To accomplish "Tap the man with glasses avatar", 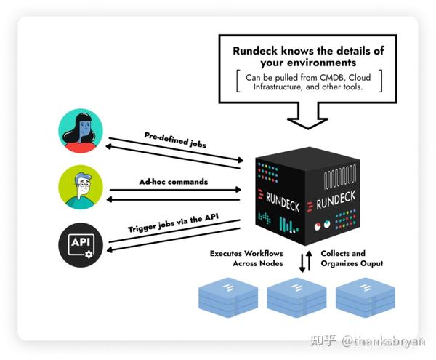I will click(x=80, y=188).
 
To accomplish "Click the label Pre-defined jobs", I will click(x=175, y=139).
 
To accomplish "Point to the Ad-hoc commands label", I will click(x=174, y=181).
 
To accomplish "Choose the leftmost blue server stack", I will click(x=228, y=298).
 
